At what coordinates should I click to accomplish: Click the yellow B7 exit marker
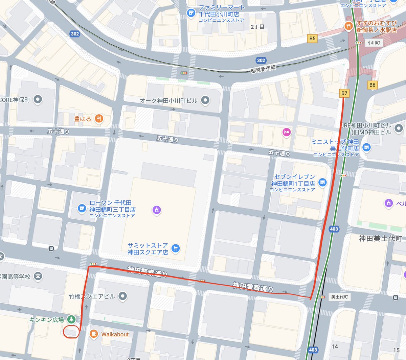344,93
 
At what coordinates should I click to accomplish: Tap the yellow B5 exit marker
312,39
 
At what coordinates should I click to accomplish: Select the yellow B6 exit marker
372,85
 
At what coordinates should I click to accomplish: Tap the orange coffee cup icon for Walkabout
94,334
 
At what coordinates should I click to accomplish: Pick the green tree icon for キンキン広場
71,319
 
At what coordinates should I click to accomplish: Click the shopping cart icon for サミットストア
175,249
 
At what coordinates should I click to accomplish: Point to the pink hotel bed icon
287,132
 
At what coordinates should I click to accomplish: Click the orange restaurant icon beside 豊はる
99,119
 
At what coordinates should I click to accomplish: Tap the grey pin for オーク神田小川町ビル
205,100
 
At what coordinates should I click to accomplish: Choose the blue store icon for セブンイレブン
322,183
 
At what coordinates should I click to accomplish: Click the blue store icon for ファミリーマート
191,13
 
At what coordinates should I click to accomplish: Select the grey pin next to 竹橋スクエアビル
122,296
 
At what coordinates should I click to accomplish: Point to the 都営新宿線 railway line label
263,69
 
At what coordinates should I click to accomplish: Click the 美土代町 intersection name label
339,297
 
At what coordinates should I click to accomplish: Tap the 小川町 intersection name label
374,43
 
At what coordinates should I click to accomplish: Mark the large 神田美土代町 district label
381,238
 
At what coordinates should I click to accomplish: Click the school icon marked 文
38,276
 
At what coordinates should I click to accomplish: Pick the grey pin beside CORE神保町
38,99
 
